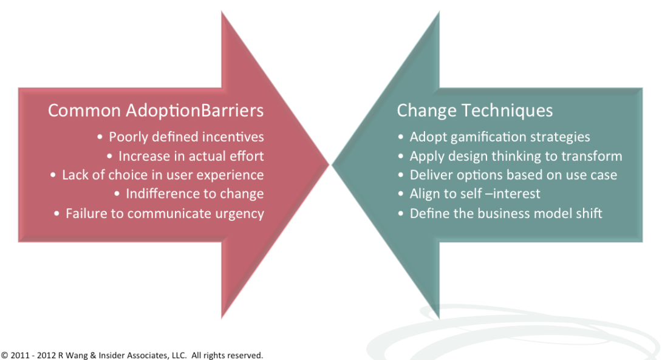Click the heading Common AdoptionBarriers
155,111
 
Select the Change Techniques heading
474,111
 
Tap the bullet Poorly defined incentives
186,137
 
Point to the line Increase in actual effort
191,156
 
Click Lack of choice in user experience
163,175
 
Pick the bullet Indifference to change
194,194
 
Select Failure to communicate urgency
165,214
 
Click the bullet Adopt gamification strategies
500,137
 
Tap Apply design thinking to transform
516,156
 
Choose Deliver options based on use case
513,175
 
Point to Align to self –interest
475,194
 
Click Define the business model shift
506,213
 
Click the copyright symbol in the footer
4,355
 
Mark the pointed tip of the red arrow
329,165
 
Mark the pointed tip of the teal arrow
332,165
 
